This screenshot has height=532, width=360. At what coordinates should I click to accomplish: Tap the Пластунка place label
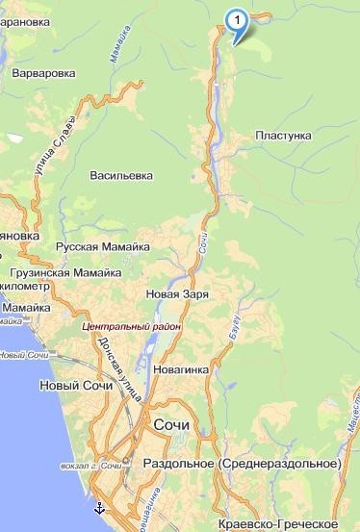[x=284, y=136]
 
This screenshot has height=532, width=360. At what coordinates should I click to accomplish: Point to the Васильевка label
[x=121, y=176]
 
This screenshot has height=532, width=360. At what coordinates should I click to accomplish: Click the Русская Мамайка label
[x=103, y=247]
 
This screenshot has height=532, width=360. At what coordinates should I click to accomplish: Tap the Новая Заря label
[x=177, y=293]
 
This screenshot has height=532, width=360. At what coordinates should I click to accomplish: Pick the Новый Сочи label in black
[x=70, y=386]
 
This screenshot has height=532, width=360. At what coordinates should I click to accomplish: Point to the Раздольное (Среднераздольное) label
[x=242, y=464]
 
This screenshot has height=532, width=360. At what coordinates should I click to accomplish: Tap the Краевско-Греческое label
[x=278, y=522]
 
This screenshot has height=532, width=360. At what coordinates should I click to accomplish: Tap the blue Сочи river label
[x=204, y=241]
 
